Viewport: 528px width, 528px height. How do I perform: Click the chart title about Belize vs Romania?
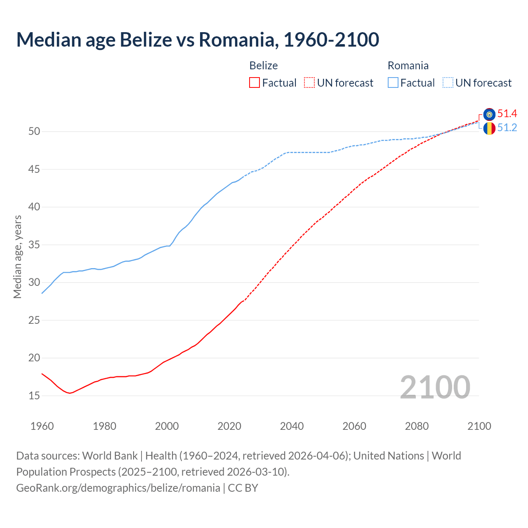[198, 40]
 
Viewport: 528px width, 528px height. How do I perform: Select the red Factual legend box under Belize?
[255, 83]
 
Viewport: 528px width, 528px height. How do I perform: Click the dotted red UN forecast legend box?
[309, 83]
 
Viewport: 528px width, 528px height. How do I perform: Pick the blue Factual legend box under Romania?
[393, 83]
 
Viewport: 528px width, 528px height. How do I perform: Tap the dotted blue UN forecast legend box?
[448, 83]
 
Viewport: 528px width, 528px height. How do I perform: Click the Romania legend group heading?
[408, 66]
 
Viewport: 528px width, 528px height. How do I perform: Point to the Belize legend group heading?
[264, 66]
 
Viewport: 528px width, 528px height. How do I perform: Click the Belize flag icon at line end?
[489, 114]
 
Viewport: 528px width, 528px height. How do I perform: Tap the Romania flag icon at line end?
[489, 128]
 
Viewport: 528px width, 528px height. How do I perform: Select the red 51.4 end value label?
[507, 114]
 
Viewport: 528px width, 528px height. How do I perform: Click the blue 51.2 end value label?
[507, 128]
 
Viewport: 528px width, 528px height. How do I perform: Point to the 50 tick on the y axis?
[34, 132]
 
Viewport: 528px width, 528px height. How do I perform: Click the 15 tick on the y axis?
[34, 396]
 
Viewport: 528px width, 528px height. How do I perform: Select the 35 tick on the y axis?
[34, 245]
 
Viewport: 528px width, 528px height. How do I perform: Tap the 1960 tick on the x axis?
[42, 426]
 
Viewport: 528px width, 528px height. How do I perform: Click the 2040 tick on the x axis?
[292, 426]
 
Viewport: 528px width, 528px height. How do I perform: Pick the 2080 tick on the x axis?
[417, 426]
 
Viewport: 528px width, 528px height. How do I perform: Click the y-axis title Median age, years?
[18, 257]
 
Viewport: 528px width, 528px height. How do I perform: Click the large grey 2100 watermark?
[435, 387]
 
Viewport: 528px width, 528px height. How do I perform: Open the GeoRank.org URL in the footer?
[118, 488]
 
